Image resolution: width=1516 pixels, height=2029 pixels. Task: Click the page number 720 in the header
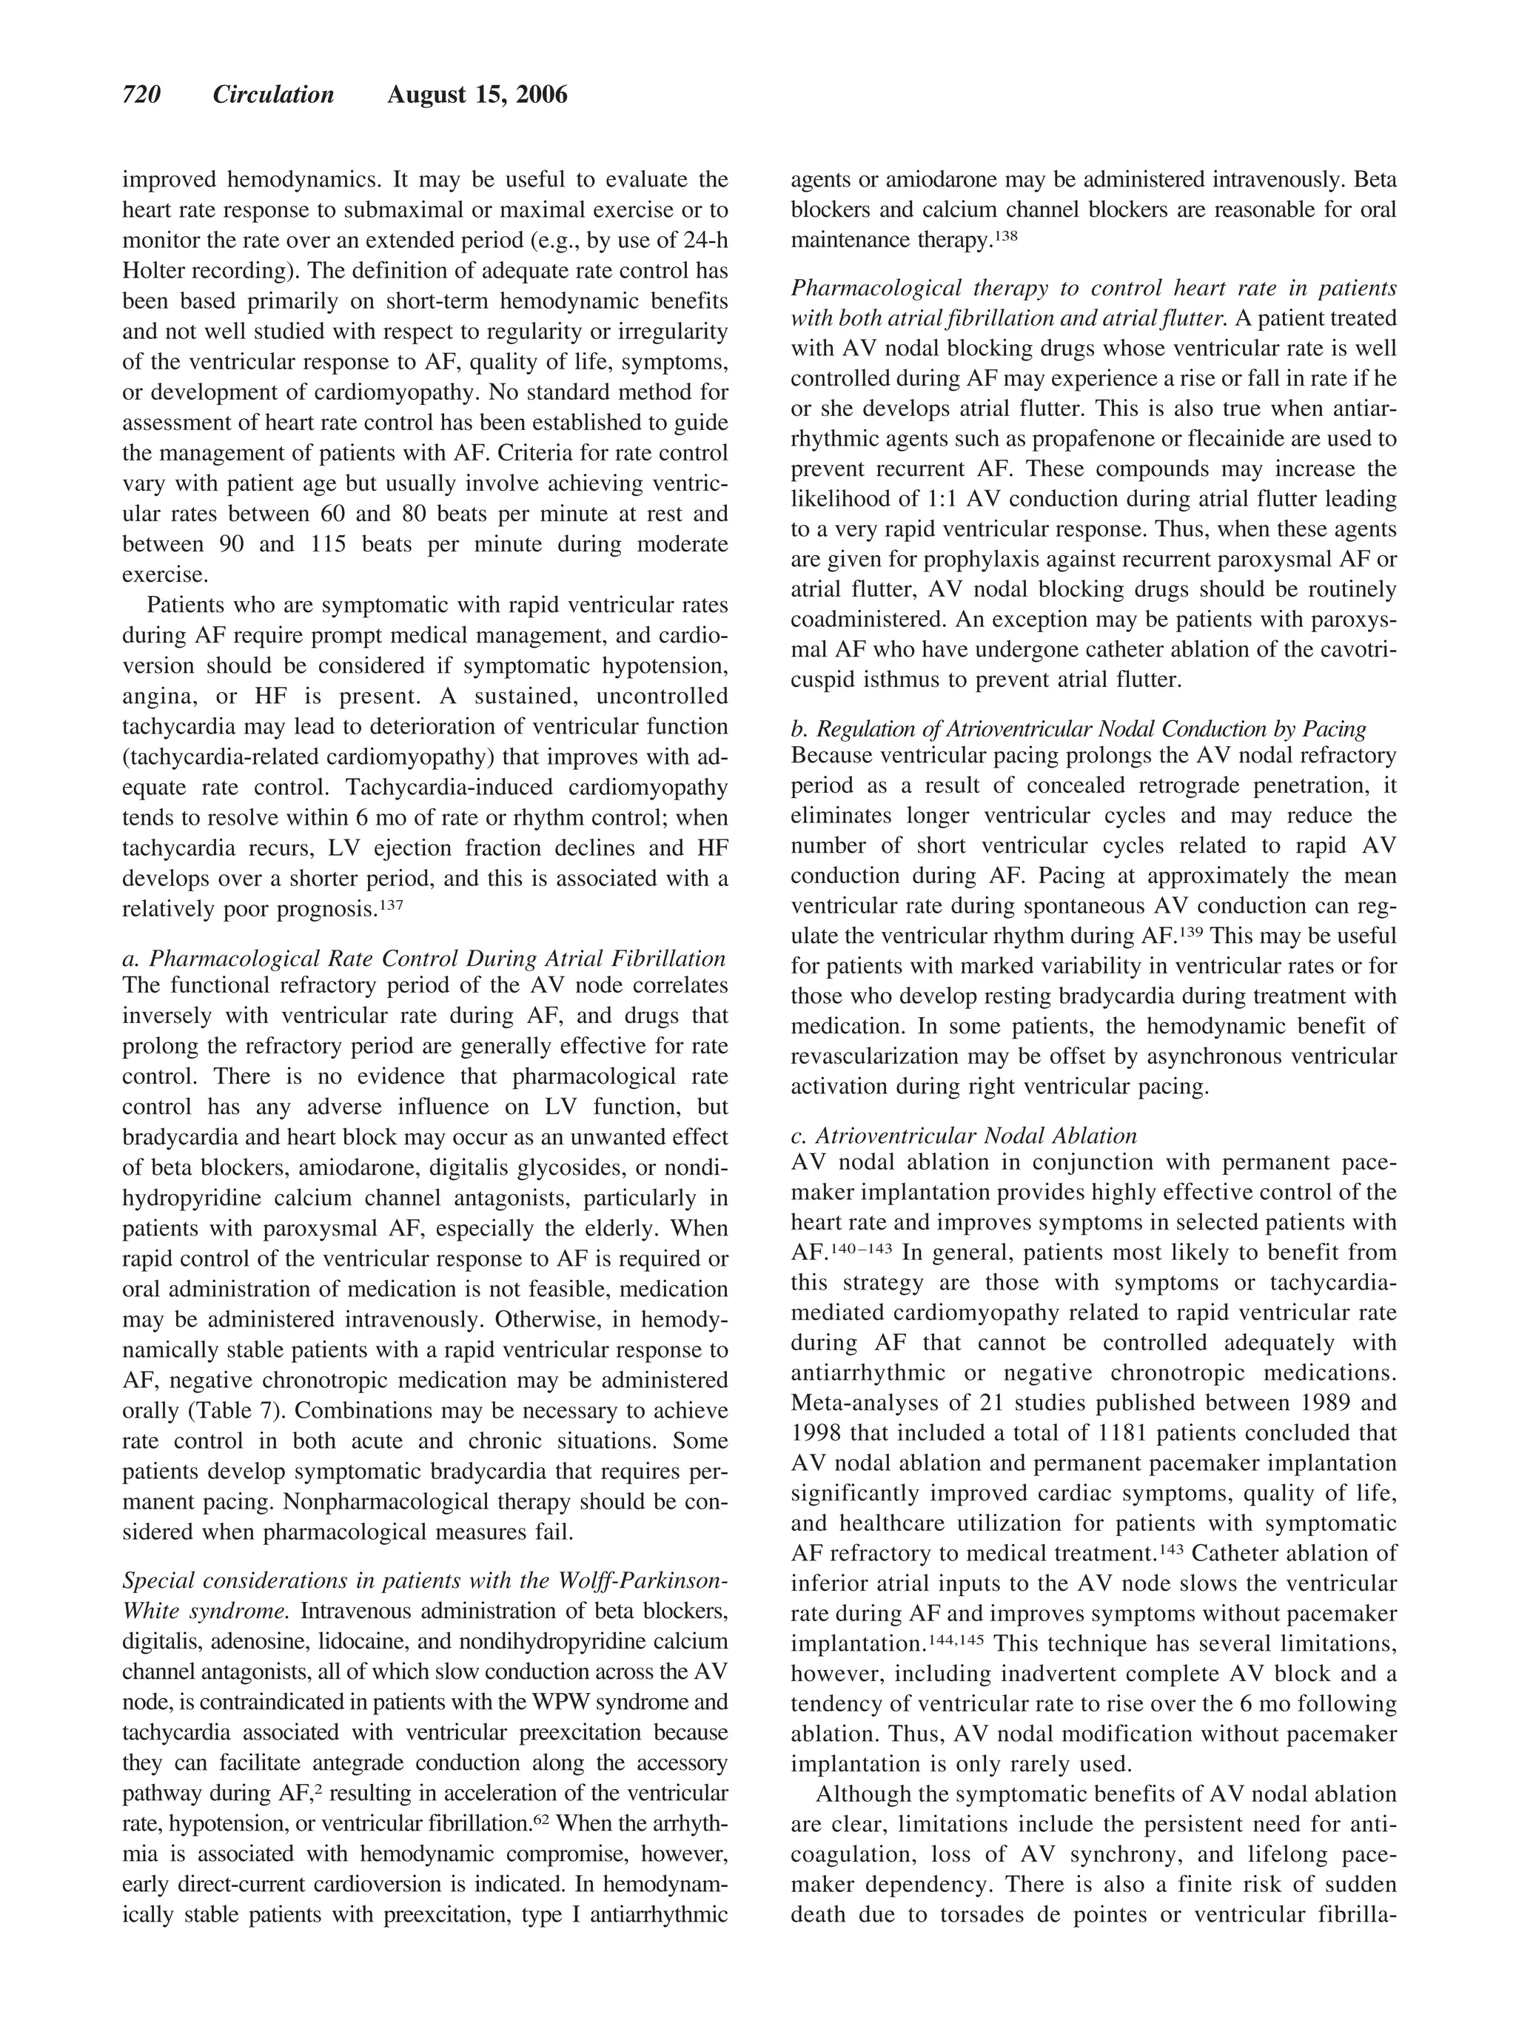142,95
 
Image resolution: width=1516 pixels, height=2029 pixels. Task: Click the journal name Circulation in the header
273,95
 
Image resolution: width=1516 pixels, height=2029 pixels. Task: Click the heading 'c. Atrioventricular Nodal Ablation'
963,1136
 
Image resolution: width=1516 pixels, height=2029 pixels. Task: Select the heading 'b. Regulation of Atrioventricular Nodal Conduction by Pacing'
1078,729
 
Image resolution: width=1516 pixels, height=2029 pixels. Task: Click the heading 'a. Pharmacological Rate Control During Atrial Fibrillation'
423,959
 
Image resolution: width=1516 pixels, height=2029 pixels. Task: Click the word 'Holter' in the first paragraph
155,272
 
